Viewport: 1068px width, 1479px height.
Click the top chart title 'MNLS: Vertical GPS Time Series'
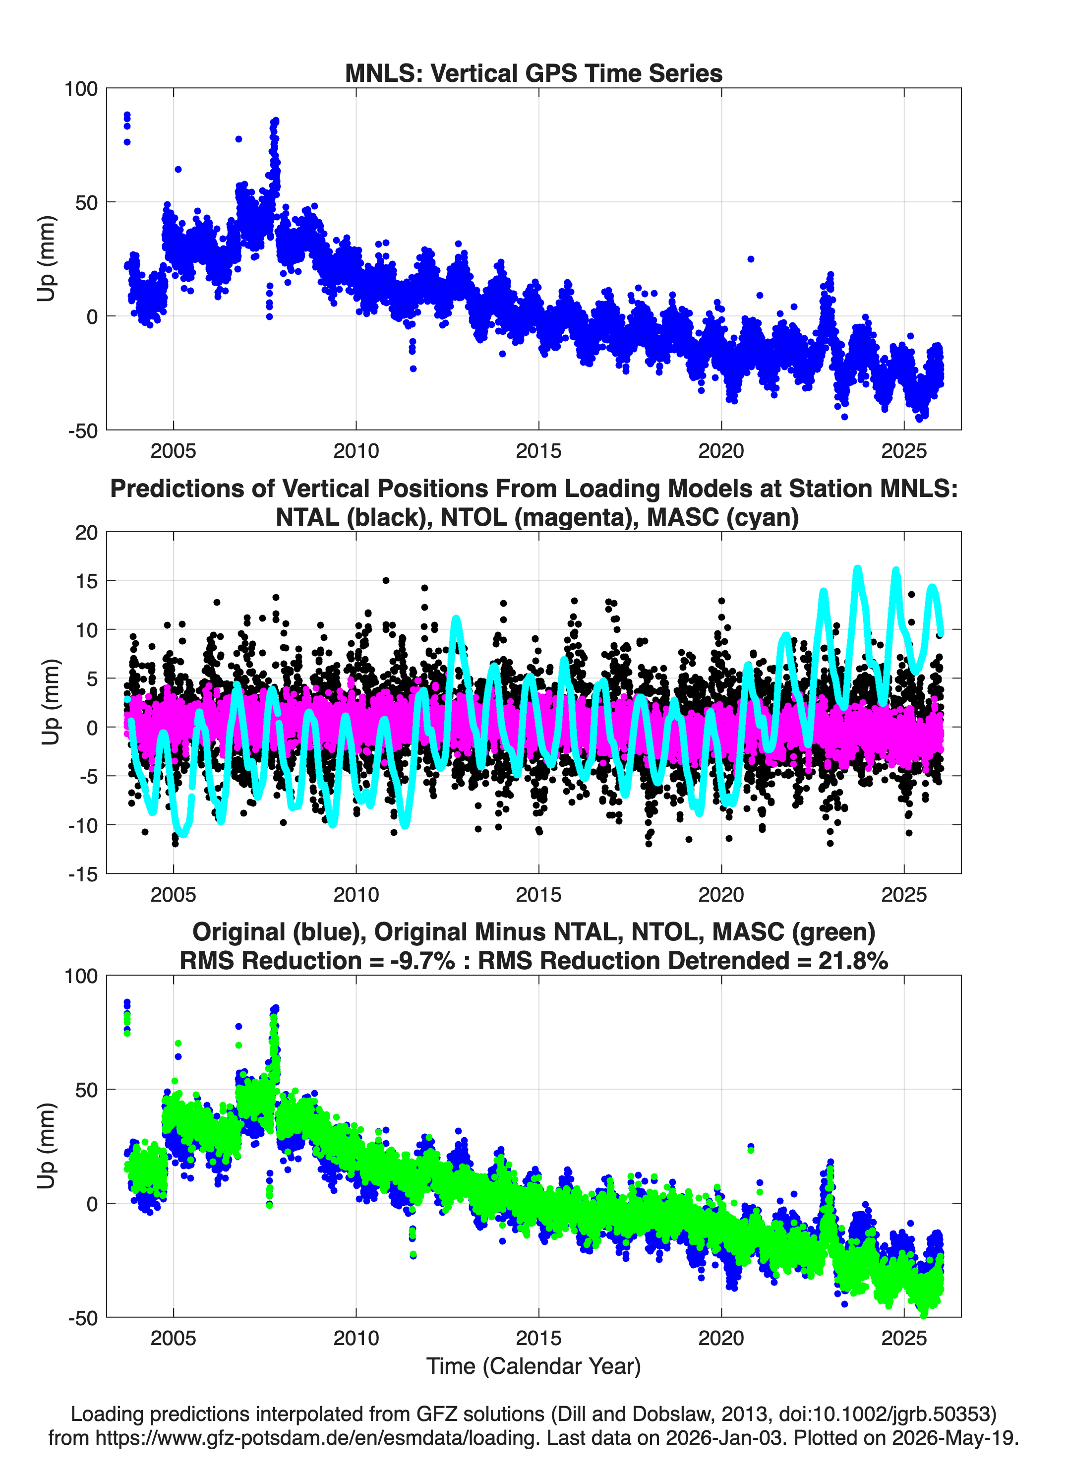pyautogui.click(x=534, y=73)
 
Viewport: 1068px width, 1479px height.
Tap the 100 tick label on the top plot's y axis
pyautogui.click(x=81, y=89)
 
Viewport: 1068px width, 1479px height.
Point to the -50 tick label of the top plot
pyautogui.click(x=83, y=431)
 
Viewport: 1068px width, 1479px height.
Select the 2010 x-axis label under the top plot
pyautogui.click(x=356, y=451)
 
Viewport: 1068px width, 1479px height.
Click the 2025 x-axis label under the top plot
pyautogui.click(x=904, y=451)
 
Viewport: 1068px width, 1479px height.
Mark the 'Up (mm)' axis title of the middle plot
pyautogui.click(x=50, y=702)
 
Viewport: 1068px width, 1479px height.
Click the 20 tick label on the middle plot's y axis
pyautogui.click(x=86, y=532)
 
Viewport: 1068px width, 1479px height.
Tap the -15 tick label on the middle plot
pyautogui.click(x=83, y=874)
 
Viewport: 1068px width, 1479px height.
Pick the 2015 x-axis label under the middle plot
pyautogui.click(x=538, y=894)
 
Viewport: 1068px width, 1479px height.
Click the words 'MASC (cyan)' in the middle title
pyautogui.click(x=723, y=517)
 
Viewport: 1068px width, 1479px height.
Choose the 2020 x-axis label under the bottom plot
pyautogui.click(x=721, y=1338)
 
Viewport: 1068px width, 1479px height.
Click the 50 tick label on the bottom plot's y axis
pyautogui.click(x=87, y=1090)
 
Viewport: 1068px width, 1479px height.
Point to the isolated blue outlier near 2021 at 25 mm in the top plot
pyautogui.click(x=751, y=259)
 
